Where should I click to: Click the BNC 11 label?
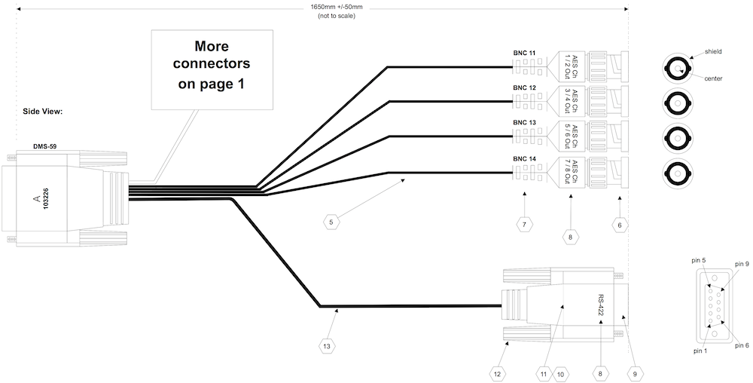click(x=525, y=54)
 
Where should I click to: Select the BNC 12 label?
click(x=525, y=88)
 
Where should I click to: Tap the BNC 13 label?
click(x=525, y=122)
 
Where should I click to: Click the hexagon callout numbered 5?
click(x=331, y=222)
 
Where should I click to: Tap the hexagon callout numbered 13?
click(x=326, y=345)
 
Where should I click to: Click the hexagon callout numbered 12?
click(x=496, y=372)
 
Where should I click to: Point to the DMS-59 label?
click(x=44, y=146)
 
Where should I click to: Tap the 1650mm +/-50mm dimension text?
click(x=337, y=7)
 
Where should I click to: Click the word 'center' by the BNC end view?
click(x=714, y=78)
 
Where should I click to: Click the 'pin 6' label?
click(x=741, y=345)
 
